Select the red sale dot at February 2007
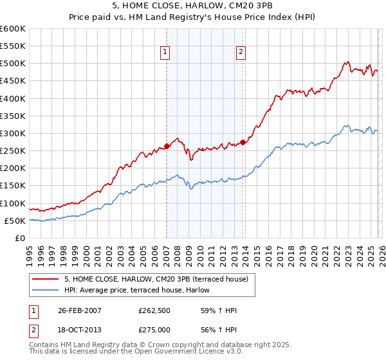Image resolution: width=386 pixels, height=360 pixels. (x=167, y=146)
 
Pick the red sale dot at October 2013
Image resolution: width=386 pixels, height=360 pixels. (x=243, y=142)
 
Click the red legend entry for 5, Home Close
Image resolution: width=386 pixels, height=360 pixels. (x=160, y=278)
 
